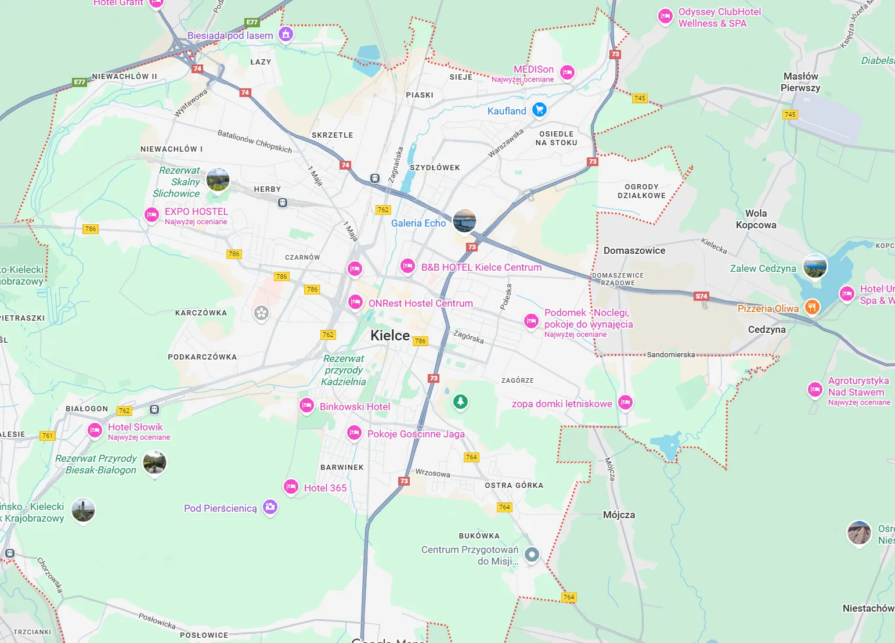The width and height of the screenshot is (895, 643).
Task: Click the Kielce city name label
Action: click(390, 335)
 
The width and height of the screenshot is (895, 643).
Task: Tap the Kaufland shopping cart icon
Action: click(539, 109)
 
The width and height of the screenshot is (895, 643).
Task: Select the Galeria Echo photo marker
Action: click(464, 221)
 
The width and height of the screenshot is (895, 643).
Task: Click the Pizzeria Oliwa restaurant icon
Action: click(812, 307)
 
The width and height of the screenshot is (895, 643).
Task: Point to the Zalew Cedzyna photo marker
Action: click(815, 266)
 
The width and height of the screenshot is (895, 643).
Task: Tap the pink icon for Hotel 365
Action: click(291, 487)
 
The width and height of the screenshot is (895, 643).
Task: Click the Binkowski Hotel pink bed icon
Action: click(306, 405)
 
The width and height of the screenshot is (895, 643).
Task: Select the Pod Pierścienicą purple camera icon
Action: click(270, 507)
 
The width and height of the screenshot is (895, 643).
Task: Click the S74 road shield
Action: click(701, 296)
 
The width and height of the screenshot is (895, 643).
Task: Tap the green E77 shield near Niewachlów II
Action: click(80, 82)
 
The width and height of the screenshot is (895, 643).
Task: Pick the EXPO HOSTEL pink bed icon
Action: click(151, 215)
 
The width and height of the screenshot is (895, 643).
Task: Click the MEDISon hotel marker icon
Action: click(567, 73)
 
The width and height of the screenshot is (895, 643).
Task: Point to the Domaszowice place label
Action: click(634, 250)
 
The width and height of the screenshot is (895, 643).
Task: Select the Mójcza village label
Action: click(619, 515)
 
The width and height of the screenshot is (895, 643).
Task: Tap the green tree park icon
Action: click(460, 401)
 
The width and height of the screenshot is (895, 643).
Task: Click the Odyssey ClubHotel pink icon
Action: click(665, 16)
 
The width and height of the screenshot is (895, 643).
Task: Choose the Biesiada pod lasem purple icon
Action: click(285, 34)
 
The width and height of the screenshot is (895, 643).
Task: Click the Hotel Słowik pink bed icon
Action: click(95, 430)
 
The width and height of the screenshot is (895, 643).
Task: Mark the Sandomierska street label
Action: click(670, 354)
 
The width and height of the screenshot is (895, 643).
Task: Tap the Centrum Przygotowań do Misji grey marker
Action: click(532, 555)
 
